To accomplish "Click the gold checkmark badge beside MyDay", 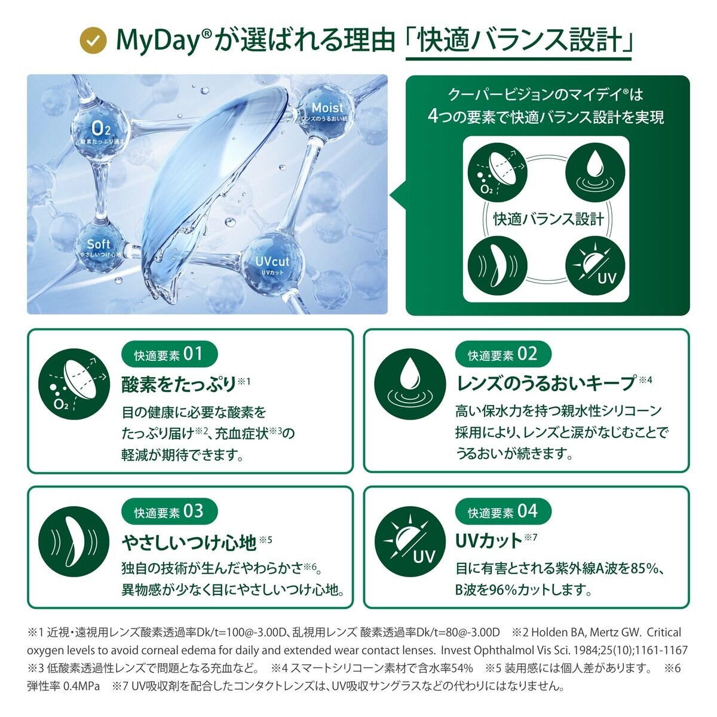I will click(93, 40).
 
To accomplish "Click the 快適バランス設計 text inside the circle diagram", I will click(547, 219).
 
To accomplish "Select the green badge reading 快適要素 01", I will click(170, 354).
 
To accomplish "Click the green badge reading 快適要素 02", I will click(503, 354).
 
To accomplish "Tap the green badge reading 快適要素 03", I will click(170, 511).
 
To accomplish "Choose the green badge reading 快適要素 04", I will click(503, 512).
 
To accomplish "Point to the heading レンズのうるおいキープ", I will click(546, 384).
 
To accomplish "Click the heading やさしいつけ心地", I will click(189, 543).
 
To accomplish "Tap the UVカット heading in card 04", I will click(489, 541).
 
